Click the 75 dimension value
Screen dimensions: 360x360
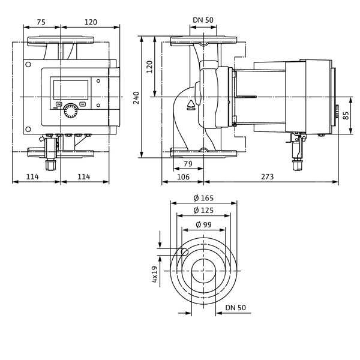41,22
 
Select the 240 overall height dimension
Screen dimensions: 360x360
136,98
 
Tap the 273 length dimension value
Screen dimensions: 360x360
268,176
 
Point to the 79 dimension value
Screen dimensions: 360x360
188,164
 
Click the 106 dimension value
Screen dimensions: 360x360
183,177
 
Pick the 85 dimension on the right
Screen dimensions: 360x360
346,115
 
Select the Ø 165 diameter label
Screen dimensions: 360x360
203,197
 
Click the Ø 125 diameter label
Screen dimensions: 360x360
203,210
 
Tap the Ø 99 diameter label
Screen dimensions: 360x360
203,224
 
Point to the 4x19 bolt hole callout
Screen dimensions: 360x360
155,274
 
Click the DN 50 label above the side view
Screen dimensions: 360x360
203,20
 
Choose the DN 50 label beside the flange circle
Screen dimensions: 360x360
235,307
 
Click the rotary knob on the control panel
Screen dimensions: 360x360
71,110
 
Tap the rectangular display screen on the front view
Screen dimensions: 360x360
71,90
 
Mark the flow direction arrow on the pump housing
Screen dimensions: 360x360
191,105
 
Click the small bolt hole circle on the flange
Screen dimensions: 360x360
185,252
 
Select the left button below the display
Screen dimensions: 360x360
59,104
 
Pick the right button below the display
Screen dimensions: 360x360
83,104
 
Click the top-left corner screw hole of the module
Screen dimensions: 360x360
28,65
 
